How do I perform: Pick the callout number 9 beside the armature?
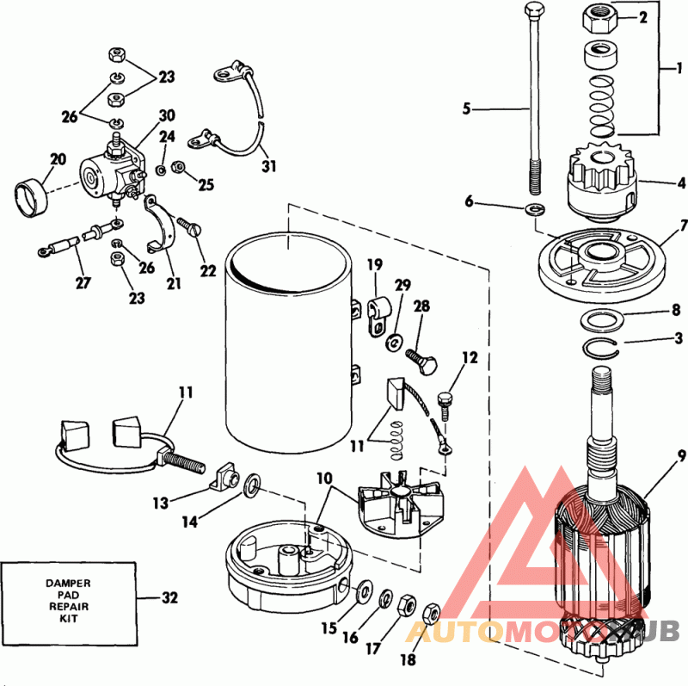[681, 455]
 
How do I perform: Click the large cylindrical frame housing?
[289, 344]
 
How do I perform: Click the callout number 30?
[167, 115]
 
